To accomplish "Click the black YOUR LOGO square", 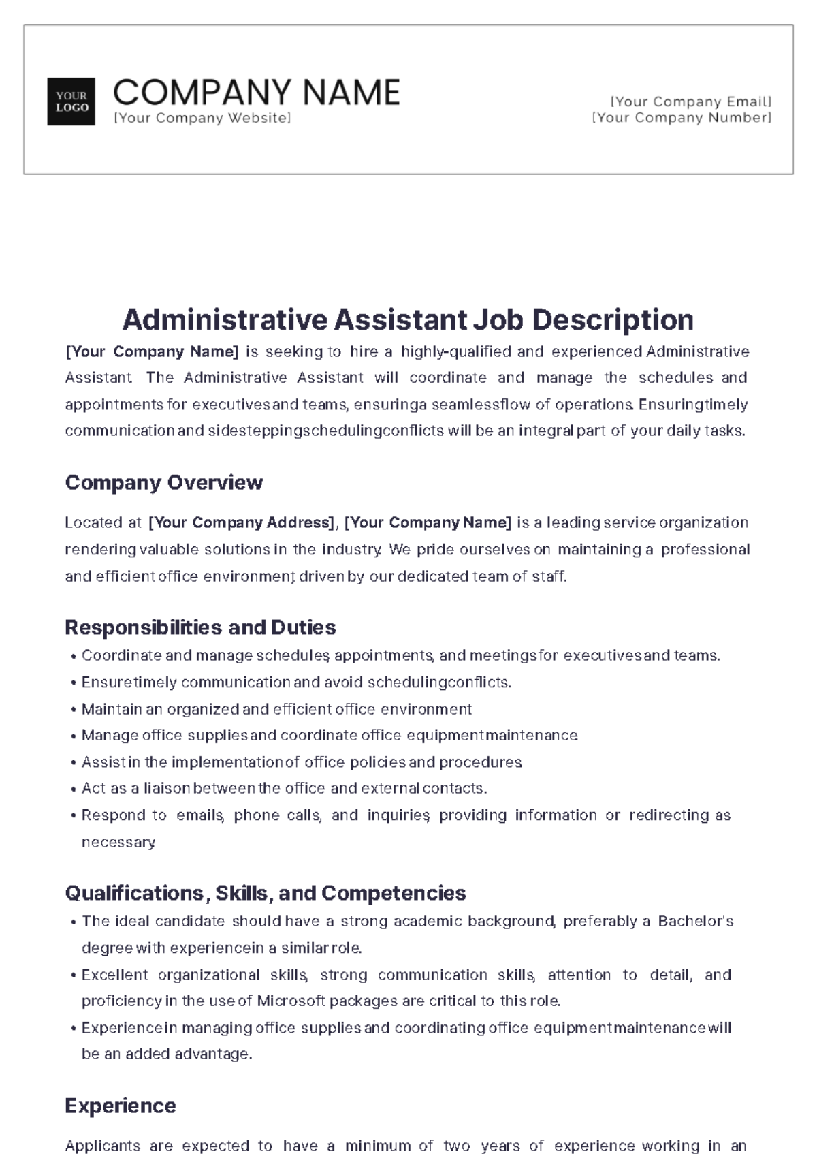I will [x=71, y=101].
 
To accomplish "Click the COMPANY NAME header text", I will [x=257, y=93].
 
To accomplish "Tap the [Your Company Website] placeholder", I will [x=202, y=118].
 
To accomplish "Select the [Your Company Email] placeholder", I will [x=691, y=101].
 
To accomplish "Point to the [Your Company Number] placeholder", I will [x=682, y=117].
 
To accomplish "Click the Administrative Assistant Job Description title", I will [x=408, y=319].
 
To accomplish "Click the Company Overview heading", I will [x=163, y=482].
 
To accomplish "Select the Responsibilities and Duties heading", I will [x=200, y=627].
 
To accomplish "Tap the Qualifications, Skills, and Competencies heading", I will [x=266, y=892].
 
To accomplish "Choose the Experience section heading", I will [x=121, y=1105].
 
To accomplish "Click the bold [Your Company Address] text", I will [x=241, y=522].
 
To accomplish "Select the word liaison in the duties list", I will [x=166, y=788].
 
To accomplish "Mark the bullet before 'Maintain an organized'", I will [x=73, y=710].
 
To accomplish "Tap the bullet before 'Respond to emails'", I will [x=73, y=816].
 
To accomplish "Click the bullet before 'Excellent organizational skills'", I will [x=73, y=975].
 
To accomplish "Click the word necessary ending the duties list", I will [x=118, y=842].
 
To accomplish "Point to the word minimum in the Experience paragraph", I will [x=377, y=1146].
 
